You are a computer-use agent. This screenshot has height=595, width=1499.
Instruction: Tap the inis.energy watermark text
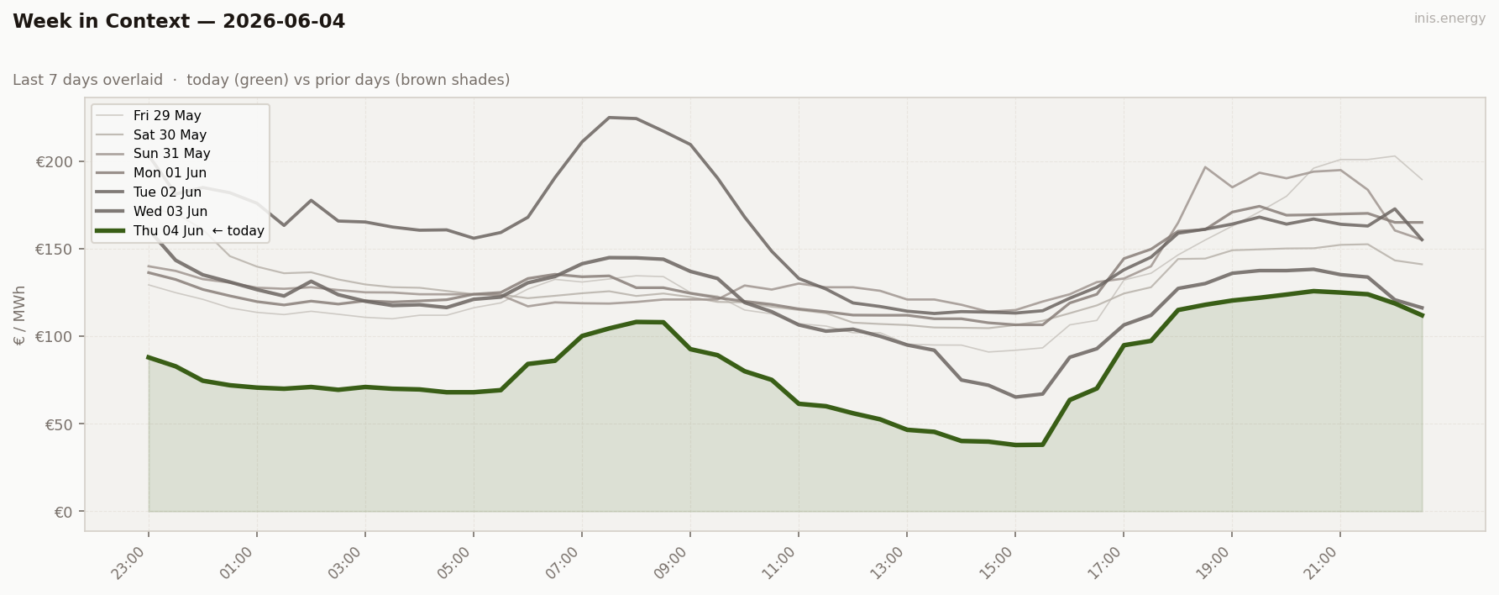(x=1449, y=18)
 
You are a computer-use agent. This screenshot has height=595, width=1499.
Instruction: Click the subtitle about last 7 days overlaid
(x=261, y=80)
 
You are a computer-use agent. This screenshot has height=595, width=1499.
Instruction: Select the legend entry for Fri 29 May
(x=167, y=116)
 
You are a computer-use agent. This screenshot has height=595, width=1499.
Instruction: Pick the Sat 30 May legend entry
(x=170, y=135)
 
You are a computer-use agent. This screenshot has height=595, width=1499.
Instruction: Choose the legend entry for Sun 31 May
(x=171, y=154)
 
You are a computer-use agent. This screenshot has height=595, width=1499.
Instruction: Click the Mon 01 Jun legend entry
(x=170, y=173)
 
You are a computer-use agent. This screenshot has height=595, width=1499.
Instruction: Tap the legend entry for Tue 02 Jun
(x=167, y=192)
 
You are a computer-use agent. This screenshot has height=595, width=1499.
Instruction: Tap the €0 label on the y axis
(x=64, y=512)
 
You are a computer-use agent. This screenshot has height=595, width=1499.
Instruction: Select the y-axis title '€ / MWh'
(x=20, y=315)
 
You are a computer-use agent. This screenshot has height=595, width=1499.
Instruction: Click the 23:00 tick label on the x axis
(x=130, y=564)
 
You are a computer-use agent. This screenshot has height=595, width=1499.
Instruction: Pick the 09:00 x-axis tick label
(x=672, y=564)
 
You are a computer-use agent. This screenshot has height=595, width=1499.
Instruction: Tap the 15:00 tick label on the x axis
(x=997, y=564)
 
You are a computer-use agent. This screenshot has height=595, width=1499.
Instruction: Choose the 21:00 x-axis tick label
(x=1322, y=564)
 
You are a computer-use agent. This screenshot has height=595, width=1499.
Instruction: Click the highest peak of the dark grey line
(x=609, y=118)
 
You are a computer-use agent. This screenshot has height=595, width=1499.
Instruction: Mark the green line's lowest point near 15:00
(x=1016, y=445)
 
